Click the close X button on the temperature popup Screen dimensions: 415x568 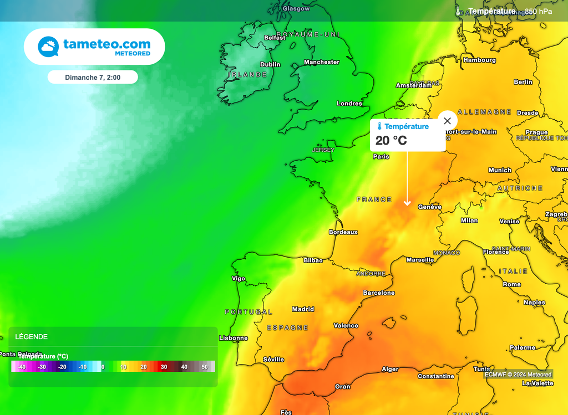click(447, 121)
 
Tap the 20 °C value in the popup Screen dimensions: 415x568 click(391, 141)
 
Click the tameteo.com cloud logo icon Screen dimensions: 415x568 click(48, 47)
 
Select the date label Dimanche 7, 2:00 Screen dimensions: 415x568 click(93, 78)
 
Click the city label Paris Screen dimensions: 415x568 click(381, 157)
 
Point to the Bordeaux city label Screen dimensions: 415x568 click(343, 232)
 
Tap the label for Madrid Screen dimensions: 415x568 click(303, 309)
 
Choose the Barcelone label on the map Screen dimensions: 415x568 click(379, 293)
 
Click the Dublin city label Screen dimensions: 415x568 click(270, 64)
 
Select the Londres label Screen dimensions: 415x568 click(349, 104)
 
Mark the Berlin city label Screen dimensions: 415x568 click(523, 82)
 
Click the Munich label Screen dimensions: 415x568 click(500, 170)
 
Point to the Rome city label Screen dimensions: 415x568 click(512, 284)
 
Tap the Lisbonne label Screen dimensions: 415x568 click(234, 338)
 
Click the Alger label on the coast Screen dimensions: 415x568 click(390, 369)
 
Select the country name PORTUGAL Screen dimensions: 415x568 click(248, 312)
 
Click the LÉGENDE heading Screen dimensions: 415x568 click(31, 336)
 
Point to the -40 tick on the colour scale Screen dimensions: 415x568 click(22, 367)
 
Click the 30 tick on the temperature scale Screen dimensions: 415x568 click(164, 367)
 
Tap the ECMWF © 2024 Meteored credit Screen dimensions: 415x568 click(518, 375)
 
